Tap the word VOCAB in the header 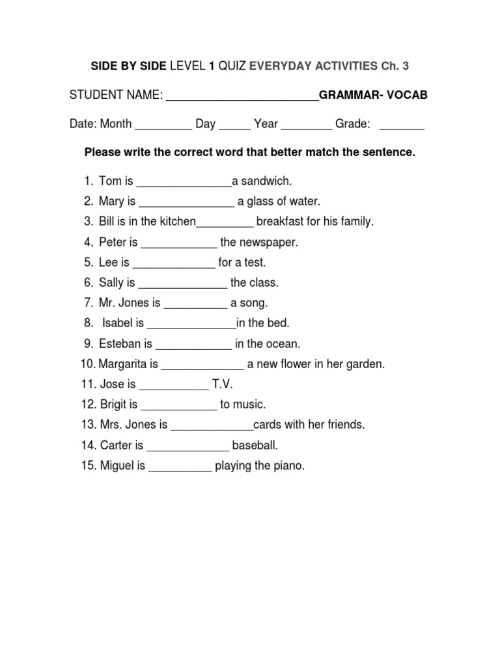click(x=408, y=96)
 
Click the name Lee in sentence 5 click(x=108, y=263)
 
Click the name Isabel click(x=117, y=323)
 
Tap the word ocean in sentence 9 click(x=284, y=344)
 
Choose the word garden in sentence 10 click(x=368, y=364)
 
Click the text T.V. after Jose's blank click(x=222, y=384)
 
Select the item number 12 click(x=89, y=405)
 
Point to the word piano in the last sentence click(x=290, y=466)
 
